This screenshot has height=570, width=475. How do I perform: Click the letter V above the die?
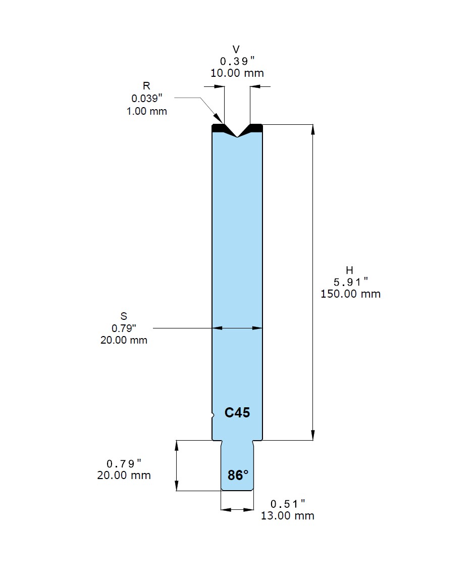tap(236, 49)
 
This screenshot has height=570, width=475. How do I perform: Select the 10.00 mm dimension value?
tap(237, 73)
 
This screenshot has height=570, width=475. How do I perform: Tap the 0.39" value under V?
tap(235, 61)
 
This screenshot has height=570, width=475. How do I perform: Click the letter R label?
tap(146, 86)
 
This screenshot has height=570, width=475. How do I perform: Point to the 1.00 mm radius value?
tap(146, 111)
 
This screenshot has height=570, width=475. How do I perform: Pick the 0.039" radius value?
tap(147, 99)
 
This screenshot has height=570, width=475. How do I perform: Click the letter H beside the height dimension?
tap(349, 270)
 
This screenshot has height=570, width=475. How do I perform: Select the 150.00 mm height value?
tap(350, 294)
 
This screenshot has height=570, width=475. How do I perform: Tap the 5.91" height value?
tap(350, 282)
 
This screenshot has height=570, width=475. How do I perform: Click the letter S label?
tap(124, 317)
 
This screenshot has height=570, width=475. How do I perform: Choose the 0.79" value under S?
tap(124, 328)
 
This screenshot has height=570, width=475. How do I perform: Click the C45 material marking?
tap(237, 413)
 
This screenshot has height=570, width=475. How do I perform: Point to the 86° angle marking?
tap(238, 476)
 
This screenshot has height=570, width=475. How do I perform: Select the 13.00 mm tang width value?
tap(287, 515)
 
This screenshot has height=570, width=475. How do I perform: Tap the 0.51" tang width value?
tap(288, 504)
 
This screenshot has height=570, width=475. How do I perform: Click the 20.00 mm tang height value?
tap(124, 475)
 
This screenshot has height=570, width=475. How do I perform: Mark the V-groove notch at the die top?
tap(237, 133)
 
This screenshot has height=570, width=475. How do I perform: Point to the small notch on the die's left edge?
tap(212, 416)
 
